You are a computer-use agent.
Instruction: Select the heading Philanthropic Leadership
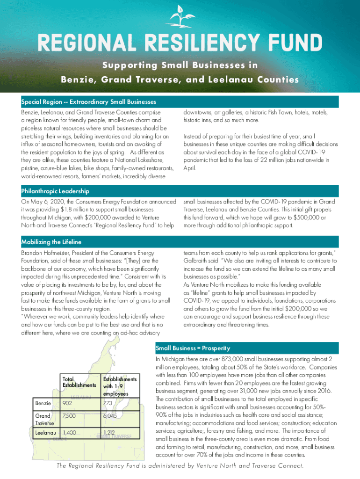coord(55,191)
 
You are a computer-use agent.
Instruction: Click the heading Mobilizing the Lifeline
coord(51,242)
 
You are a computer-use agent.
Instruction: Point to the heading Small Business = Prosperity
coord(193,348)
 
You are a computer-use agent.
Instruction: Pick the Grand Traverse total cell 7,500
coord(70,416)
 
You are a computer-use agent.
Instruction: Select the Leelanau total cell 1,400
coord(70,433)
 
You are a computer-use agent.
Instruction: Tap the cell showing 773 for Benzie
coord(109,403)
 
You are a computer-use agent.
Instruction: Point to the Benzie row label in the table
coord(43,403)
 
